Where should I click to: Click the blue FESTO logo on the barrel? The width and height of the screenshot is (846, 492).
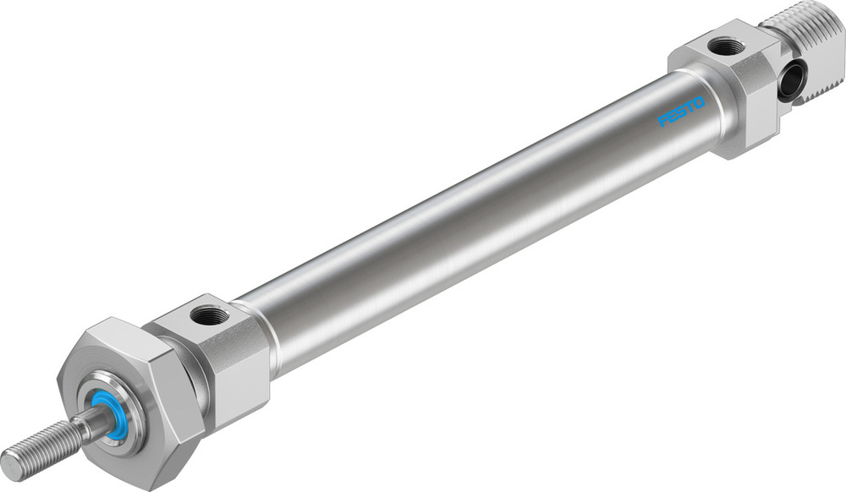coord(681,112)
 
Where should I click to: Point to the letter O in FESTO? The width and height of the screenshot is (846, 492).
coord(698,102)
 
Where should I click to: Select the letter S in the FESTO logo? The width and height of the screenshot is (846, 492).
coord(681,112)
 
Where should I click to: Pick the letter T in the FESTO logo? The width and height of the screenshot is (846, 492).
coord(689,107)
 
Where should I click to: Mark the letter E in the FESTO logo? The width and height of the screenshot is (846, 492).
coord(673,117)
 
